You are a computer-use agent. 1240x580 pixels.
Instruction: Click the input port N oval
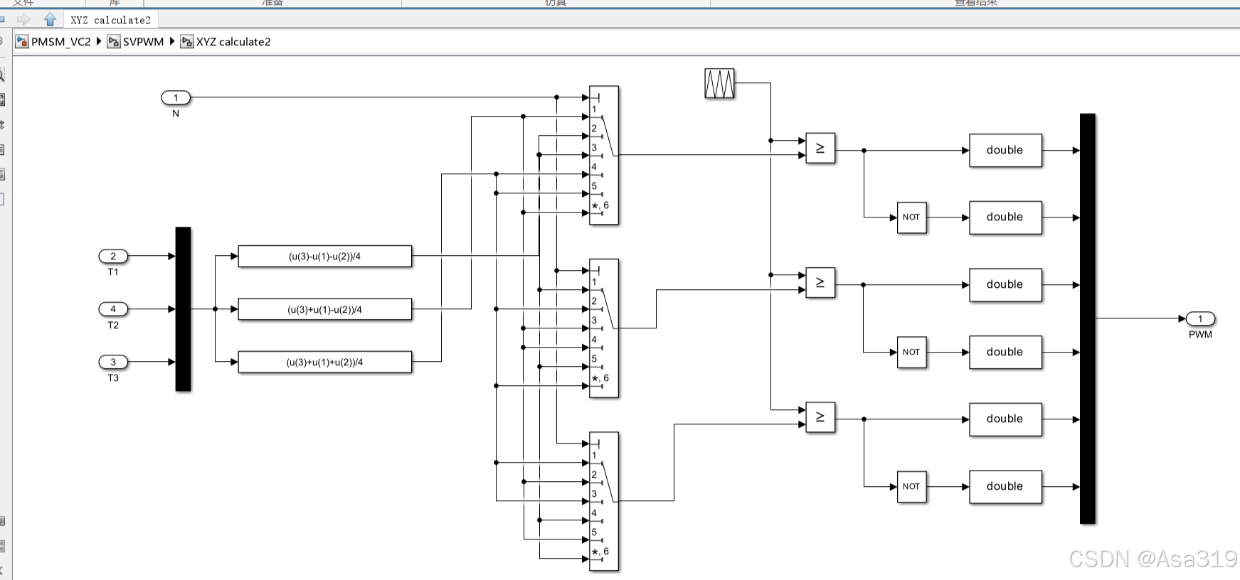click(176, 97)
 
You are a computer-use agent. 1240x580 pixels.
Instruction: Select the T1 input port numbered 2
click(113, 256)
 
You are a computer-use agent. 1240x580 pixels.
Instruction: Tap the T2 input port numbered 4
click(113, 308)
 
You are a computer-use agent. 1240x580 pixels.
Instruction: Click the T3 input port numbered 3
click(113, 362)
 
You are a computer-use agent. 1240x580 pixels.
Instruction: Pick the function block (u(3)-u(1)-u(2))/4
click(324, 256)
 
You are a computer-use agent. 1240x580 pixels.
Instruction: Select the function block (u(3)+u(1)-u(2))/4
click(324, 309)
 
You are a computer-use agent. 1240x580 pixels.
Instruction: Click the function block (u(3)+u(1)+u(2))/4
click(324, 362)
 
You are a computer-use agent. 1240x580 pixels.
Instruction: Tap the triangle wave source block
click(719, 84)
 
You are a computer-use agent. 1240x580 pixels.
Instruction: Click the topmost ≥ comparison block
click(820, 149)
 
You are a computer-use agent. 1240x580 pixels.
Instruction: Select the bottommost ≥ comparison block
click(820, 417)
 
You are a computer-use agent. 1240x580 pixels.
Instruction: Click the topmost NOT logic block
click(911, 217)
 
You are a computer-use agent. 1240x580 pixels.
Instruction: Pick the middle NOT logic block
click(911, 352)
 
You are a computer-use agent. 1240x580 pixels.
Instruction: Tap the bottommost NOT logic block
click(911, 486)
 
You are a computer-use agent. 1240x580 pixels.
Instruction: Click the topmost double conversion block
click(1005, 150)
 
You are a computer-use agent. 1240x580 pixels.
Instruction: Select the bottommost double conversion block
click(1005, 486)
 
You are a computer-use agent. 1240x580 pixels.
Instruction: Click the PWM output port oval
click(1200, 318)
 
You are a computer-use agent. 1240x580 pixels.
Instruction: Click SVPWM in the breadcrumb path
click(143, 42)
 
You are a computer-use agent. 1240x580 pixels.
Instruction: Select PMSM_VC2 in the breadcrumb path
click(61, 42)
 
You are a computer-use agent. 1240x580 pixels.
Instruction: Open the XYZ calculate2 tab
click(110, 20)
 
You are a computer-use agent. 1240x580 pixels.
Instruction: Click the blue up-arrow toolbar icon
click(50, 19)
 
